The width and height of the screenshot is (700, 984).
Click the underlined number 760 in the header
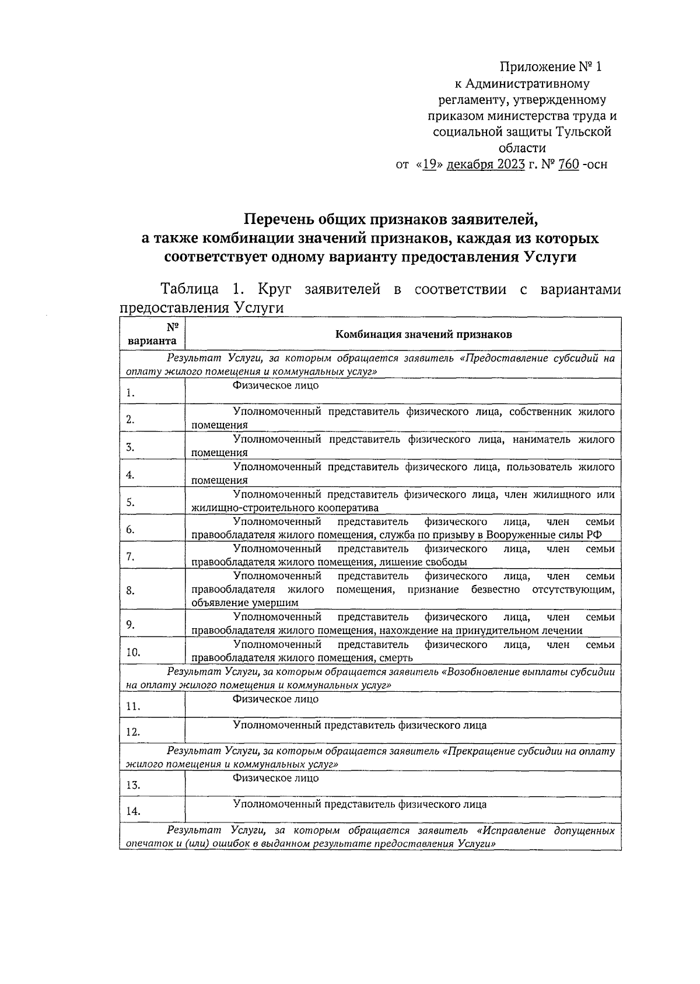coord(568,164)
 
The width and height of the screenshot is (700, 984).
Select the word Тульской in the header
coord(583,132)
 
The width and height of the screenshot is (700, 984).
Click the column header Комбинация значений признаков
coord(423,334)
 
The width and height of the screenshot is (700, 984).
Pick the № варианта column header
coord(152,334)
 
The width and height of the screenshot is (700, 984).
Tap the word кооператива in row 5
coord(350,508)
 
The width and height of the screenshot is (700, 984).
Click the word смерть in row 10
coord(397,658)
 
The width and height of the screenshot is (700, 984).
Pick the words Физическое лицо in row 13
coord(275,778)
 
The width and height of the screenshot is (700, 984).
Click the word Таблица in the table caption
coord(190,289)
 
